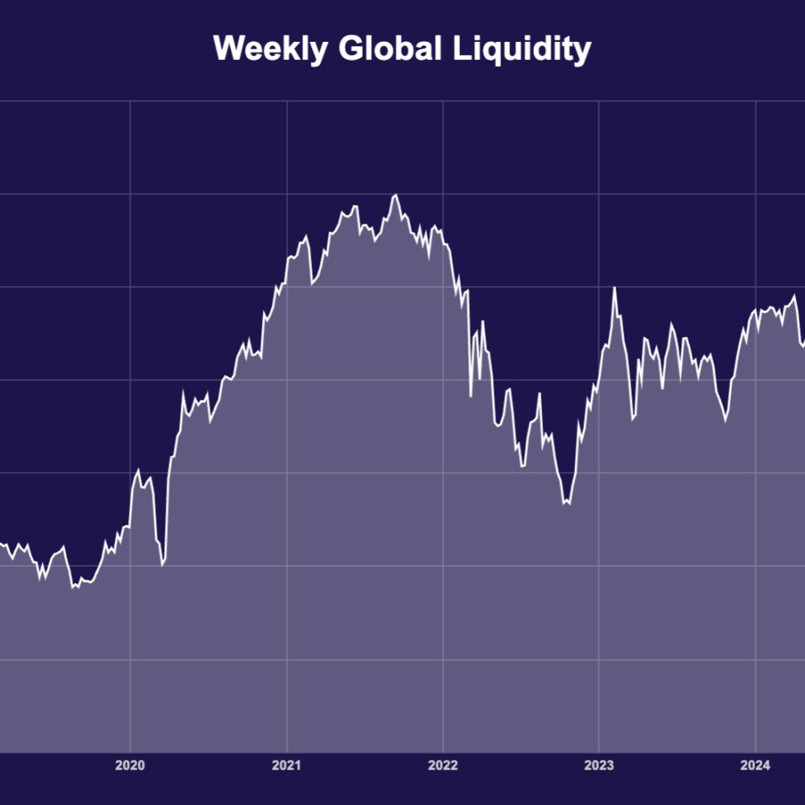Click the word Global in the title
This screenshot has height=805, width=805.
389,49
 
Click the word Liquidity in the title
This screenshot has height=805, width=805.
522,49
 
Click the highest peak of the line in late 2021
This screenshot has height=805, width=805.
395,195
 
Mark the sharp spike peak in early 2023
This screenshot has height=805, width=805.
614,287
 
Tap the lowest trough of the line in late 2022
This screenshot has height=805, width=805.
565,504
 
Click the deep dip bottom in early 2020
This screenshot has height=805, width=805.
162,565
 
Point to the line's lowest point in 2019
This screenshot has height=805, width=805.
73,587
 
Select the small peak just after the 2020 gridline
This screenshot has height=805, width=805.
138,471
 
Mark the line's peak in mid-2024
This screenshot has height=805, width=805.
794,296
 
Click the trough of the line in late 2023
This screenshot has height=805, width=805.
725,421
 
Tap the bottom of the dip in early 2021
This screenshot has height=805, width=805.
312,284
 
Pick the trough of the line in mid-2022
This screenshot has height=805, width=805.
522,467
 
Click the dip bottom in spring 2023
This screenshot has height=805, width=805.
632,420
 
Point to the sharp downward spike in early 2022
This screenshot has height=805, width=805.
471,396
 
